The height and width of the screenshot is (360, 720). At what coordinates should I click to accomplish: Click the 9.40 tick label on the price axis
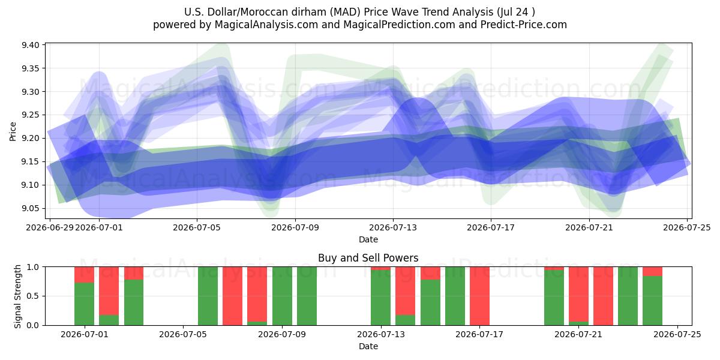(30, 45)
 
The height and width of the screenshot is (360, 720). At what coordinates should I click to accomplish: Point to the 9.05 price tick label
(30, 209)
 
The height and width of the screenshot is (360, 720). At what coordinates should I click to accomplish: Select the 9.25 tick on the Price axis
(30, 115)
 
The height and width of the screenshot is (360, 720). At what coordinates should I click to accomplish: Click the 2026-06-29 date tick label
(50, 227)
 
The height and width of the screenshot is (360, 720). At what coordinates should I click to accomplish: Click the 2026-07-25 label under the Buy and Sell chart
(677, 334)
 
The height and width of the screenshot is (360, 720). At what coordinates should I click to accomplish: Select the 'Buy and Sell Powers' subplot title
(368, 258)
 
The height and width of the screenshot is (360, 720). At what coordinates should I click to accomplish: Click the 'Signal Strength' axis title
(17, 296)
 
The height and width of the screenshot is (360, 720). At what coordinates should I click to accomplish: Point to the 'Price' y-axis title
(13, 131)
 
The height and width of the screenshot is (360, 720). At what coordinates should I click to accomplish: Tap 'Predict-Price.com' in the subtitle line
(524, 25)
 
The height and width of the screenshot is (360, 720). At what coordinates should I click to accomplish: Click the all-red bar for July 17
(479, 296)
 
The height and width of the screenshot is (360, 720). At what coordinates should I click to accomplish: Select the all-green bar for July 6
(208, 296)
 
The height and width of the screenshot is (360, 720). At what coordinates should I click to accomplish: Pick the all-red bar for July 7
(232, 296)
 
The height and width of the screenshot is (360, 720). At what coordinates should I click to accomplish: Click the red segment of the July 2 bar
(109, 291)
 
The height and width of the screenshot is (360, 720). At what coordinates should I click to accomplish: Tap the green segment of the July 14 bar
(406, 320)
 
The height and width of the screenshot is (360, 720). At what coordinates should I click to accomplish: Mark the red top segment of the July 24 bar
(653, 271)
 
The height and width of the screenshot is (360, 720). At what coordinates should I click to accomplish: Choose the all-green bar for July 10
(307, 296)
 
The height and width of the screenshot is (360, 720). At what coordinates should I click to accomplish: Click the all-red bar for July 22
(604, 296)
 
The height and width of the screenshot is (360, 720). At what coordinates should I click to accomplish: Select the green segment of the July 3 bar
(134, 302)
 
